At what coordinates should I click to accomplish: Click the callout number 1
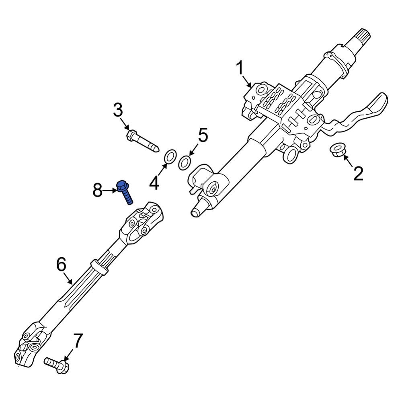click(240, 69)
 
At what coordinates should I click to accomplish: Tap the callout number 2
click(358, 174)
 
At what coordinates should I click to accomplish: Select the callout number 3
click(118, 110)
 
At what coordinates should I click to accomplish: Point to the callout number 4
click(154, 184)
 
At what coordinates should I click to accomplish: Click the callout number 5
click(203, 135)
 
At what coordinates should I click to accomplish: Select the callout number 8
click(98, 190)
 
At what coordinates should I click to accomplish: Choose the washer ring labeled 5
click(185, 163)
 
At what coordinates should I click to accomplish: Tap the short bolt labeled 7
click(57, 364)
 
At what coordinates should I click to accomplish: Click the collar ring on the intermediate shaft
click(99, 267)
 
